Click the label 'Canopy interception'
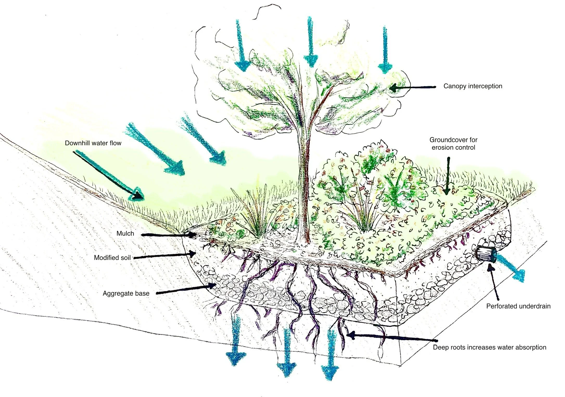click(473, 86)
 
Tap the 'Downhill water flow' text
click(93, 143)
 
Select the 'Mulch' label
click(125, 234)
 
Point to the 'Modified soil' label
click(112, 258)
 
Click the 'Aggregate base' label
click(126, 294)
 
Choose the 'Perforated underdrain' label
click(518, 306)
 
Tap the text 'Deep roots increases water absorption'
click(489, 347)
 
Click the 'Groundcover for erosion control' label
click(453, 144)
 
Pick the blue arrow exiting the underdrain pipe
click(511, 269)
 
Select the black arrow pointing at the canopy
click(412, 88)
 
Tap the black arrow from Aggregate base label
click(186, 290)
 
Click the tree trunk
click(304, 182)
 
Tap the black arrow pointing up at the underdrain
click(494, 282)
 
